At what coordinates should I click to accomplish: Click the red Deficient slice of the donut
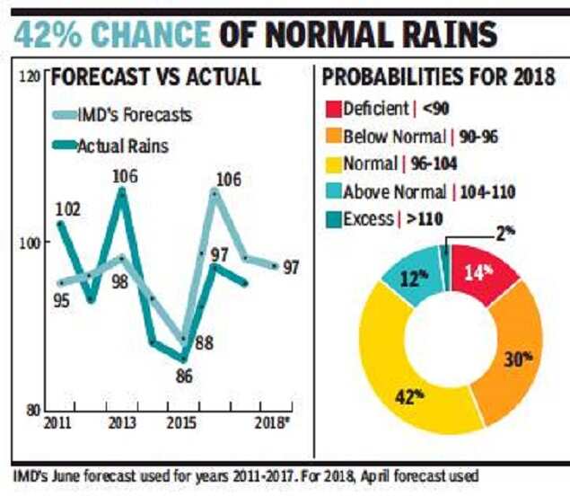click(x=485, y=275)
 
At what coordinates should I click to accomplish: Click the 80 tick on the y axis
click(x=34, y=410)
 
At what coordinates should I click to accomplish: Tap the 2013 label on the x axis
click(x=122, y=423)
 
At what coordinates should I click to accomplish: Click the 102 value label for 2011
click(x=69, y=209)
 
